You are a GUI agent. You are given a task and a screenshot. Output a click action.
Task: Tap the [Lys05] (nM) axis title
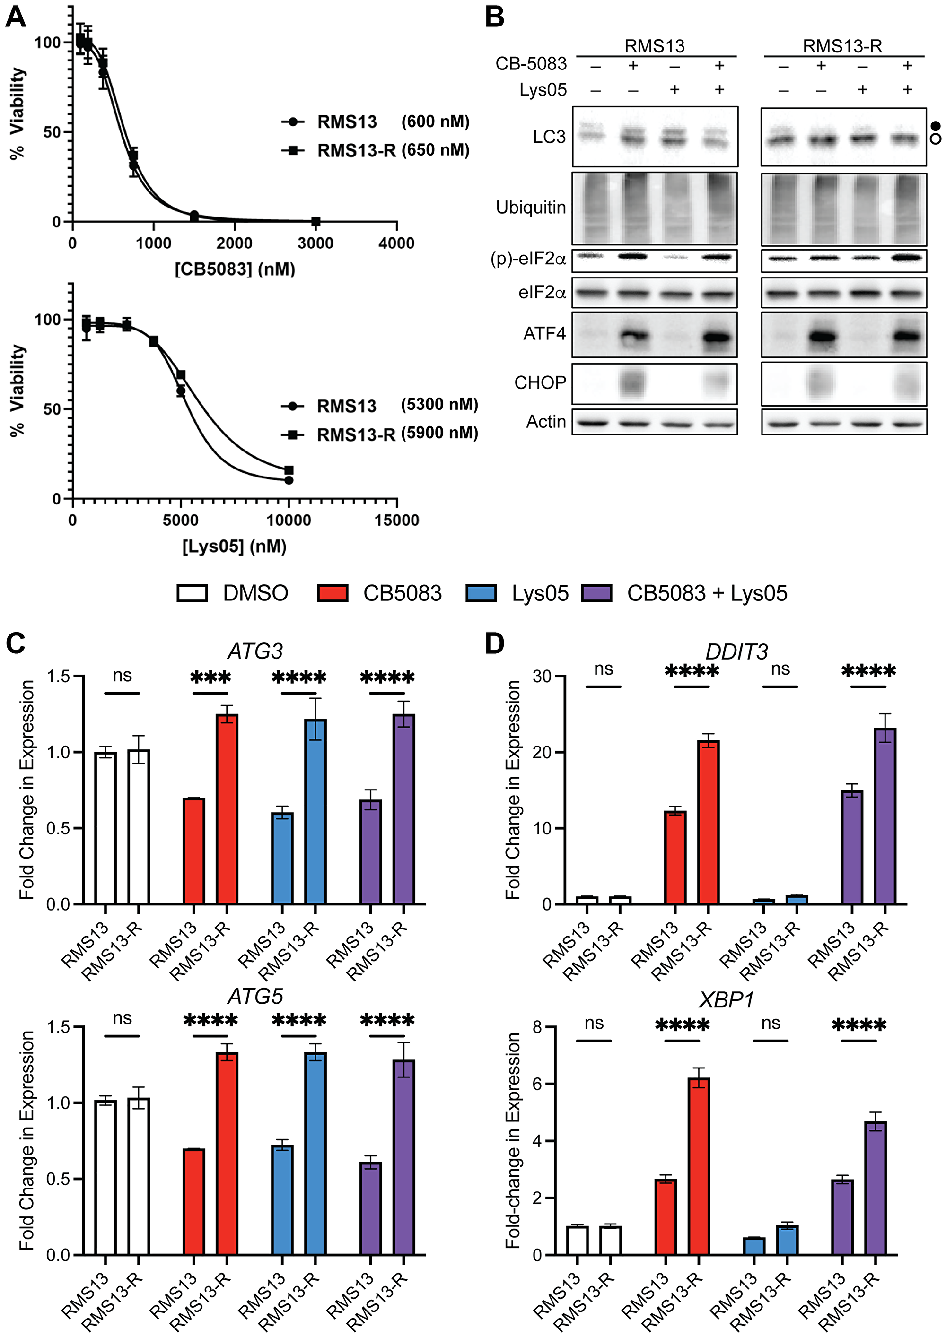coord(234,546)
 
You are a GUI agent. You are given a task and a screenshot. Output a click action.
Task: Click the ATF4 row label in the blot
coord(544,334)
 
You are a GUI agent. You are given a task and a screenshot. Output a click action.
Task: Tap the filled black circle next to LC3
coord(936,126)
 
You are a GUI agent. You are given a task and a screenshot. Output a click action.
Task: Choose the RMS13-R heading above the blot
coord(842,46)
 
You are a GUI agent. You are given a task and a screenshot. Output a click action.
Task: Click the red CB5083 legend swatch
coord(333,593)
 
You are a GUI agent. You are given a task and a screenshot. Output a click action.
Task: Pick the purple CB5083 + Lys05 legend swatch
coord(596,593)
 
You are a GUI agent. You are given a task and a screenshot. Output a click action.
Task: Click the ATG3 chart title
coord(254,651)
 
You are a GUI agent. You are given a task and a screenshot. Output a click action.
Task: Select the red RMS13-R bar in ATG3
coord(227,809)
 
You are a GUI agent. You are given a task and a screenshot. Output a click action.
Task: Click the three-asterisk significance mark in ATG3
coord(210,677)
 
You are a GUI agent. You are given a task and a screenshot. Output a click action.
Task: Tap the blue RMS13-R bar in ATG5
coord(315,1153)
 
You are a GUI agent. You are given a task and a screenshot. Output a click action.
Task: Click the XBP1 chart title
coord(727,1000)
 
